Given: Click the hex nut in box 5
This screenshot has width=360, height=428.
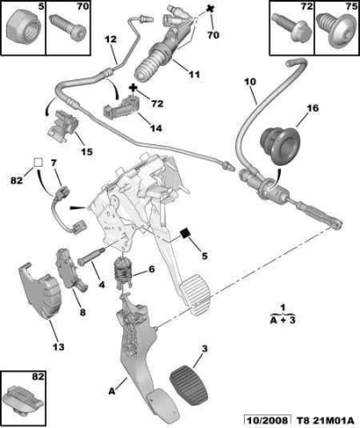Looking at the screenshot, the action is tap(22, 29).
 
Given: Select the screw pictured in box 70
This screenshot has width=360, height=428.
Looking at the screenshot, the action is tap(67, 27).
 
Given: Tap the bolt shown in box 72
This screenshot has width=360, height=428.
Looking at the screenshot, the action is tap(292, 28).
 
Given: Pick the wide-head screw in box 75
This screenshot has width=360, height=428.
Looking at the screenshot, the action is tap(335, 30).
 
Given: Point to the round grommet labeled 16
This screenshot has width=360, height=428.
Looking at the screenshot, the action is tap(279, 145).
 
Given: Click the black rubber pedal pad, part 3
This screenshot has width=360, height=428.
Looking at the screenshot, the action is tap(190, 382).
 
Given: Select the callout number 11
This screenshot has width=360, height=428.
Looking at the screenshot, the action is tap(194, 74).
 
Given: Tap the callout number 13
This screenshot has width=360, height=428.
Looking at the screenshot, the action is tap(58, 347).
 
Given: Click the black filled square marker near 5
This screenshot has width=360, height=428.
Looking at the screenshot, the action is tap(185, 232).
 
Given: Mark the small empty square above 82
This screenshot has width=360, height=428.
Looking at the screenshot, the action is tap(38, 162).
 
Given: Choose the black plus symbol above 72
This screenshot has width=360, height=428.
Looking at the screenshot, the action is tap(133, 88).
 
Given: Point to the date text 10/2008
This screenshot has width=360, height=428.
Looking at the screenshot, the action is tap(267, 421).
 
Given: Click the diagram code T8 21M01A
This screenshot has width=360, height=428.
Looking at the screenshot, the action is tap(325, 421).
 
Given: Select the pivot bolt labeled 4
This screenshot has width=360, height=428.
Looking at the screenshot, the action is tap(91, 255).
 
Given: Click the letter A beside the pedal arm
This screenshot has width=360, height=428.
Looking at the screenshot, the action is tap(112, 391).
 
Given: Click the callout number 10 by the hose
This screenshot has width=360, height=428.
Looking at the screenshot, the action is tap(250, 81).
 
